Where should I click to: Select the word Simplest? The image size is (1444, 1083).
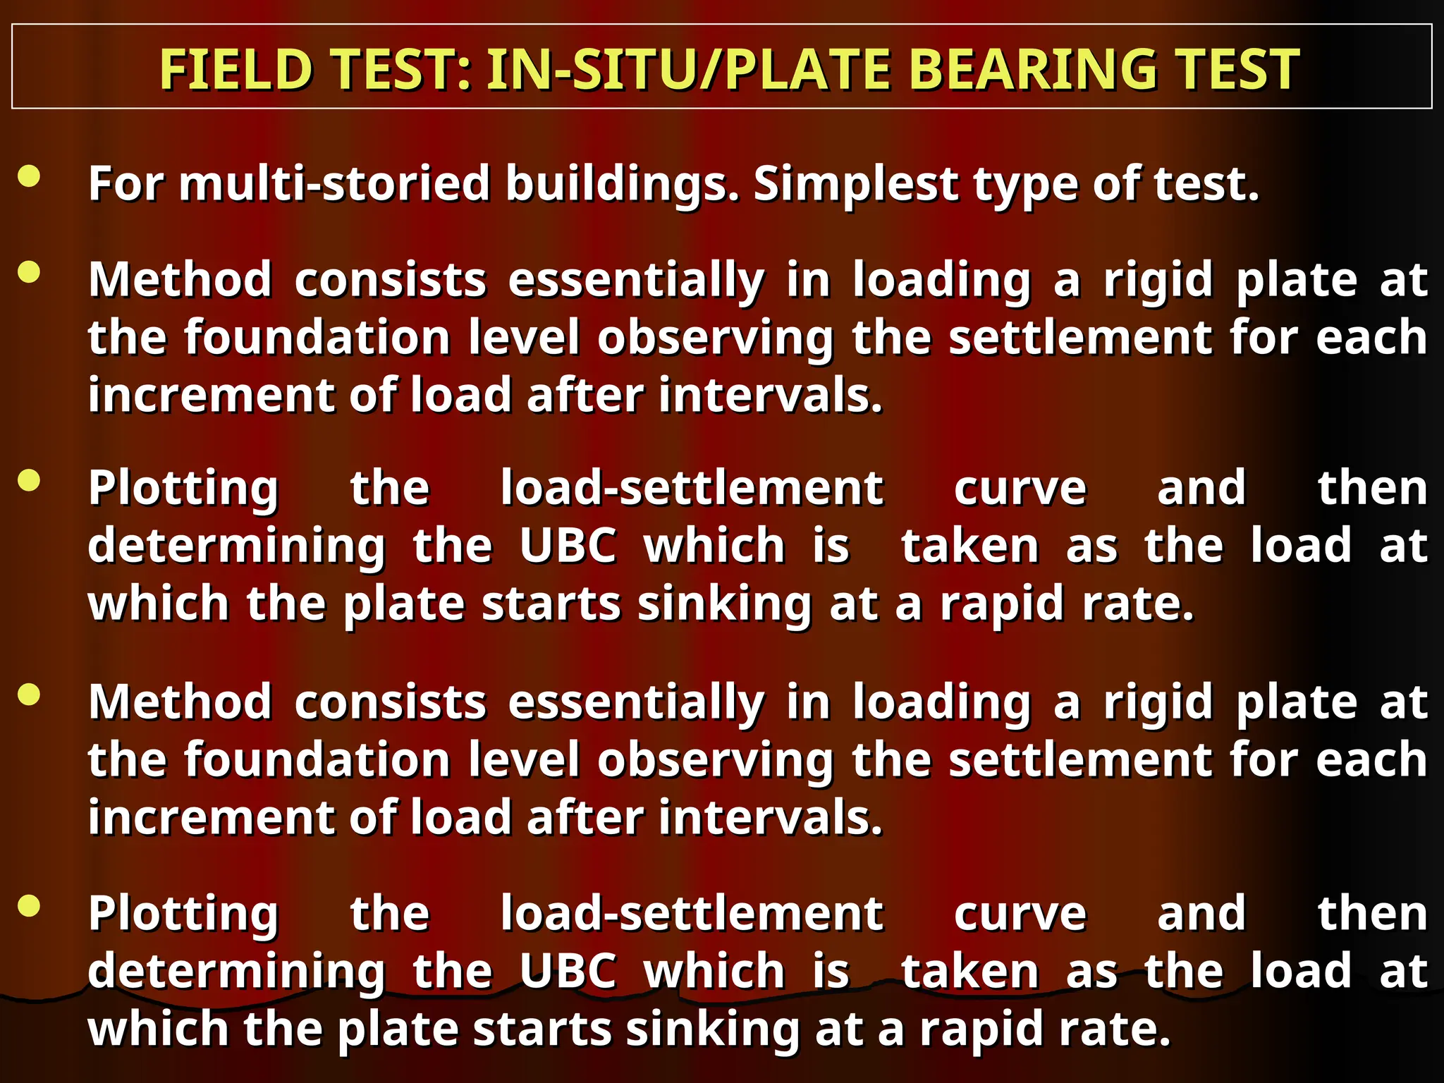855,183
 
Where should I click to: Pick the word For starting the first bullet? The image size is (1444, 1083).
126,183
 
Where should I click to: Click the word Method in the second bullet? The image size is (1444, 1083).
180,280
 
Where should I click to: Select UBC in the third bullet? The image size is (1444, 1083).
568,545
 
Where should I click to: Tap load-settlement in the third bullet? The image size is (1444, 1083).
692,488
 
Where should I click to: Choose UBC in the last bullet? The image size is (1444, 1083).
568,971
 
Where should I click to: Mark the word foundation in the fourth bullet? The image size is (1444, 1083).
317,760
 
